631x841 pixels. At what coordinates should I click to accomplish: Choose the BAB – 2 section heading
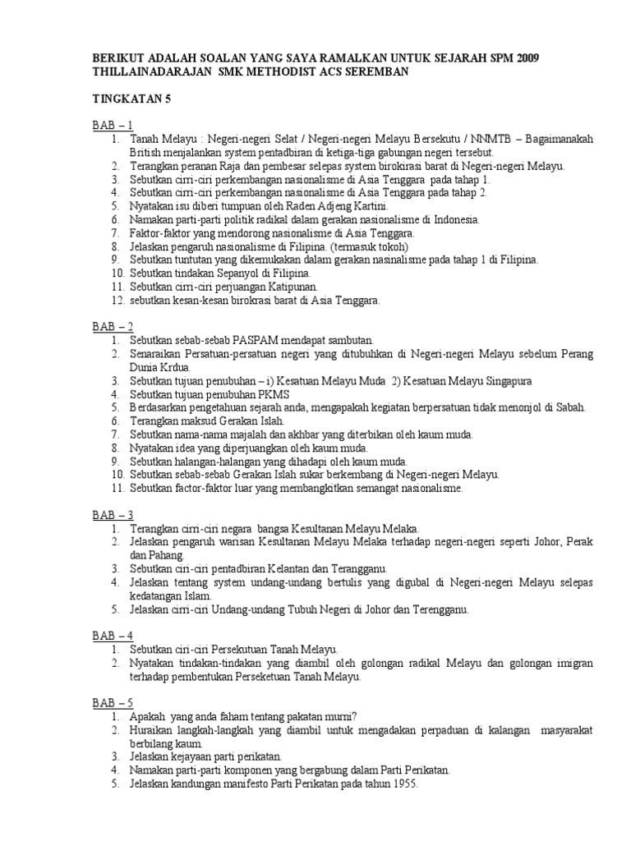point(112,327)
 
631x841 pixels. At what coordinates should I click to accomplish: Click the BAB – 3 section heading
point(112,515)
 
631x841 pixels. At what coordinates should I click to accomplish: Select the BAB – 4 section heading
point(112,636)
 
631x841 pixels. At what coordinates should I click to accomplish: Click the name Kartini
point(370,206)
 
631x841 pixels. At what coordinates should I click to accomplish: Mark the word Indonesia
point(453,220)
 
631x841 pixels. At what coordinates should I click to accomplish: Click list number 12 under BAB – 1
point(116,300)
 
